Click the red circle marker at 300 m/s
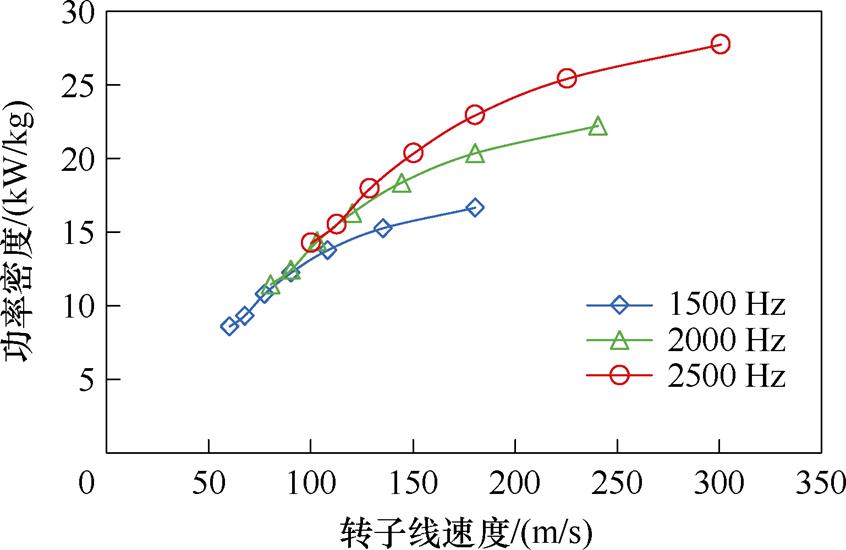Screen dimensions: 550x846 720,44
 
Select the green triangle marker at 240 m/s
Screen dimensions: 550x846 598,127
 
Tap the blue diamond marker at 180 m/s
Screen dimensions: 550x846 475,208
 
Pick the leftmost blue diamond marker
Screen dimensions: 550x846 229,326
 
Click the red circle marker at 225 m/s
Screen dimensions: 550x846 567,78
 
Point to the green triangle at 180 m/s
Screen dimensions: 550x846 475,153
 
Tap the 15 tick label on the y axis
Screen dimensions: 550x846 77,233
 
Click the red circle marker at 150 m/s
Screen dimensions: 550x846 413,153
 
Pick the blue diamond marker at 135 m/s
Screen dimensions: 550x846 383,228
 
